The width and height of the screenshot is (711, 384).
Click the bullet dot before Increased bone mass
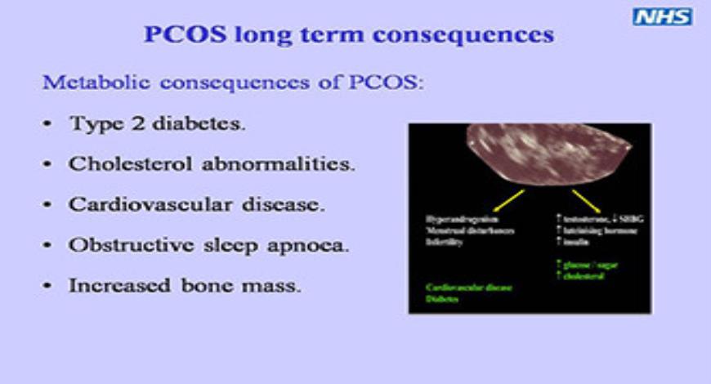pos(48,287)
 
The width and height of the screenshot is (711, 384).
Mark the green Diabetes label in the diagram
pos(442,299)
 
